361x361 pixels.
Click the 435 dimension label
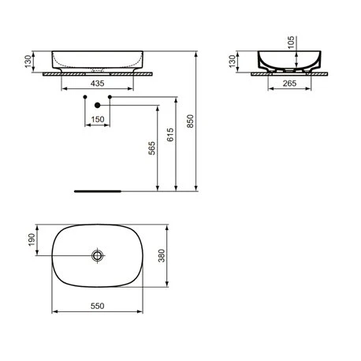point(97,84)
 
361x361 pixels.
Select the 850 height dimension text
point(190,121)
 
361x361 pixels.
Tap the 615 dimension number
point(170,135)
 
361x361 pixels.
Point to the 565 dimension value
point(152,148)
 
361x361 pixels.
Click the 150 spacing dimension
point(98,119)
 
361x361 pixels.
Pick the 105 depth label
point(291,43)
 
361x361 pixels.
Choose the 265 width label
point(289,84)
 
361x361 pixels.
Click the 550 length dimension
point(98,306)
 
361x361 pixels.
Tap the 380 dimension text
point(162,255)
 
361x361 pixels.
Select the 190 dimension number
point(32,240)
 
